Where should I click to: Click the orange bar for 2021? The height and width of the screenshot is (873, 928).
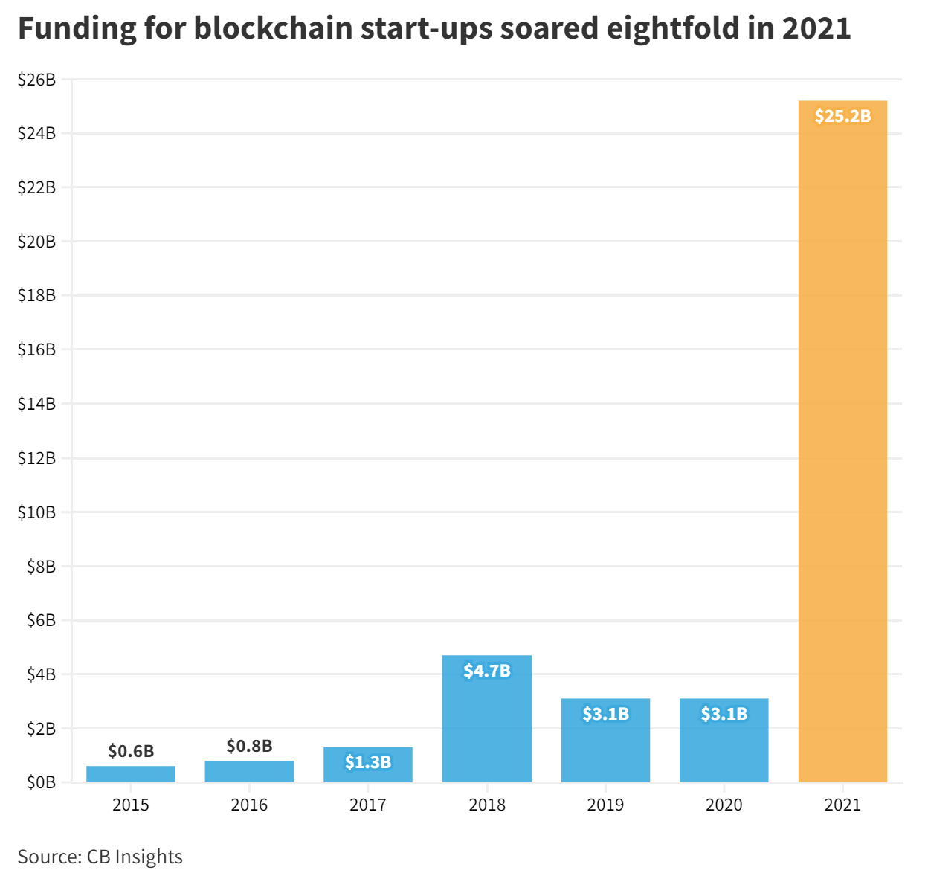[x=842, y=446]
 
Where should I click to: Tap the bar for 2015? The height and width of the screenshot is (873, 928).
[x=131, y=774]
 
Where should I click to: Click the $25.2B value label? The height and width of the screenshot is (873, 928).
[x=842, y=116]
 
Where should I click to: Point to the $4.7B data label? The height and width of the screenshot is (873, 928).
[x=486, y=671]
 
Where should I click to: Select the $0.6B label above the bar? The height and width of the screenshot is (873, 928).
[x=131, y=751]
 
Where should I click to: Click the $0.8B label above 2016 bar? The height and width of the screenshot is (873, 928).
[x=249, y=746]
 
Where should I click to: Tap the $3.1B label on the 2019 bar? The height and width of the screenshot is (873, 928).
[x=605, y=714]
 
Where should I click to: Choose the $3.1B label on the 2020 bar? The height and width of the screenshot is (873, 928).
[x=724, y=714]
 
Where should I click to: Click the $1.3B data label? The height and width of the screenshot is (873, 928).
[x=368, y=762]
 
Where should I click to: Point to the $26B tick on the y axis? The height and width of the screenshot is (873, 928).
[x=36, y=80]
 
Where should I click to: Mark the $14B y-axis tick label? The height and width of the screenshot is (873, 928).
[x=36, y=404]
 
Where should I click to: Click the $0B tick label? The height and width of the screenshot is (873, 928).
[x=41, y=782]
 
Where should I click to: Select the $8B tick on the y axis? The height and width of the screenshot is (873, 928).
[x=41, y=567]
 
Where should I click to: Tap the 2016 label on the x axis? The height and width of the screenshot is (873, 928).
[x=249, y=805]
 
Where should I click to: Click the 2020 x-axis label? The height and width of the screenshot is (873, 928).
[x=724, y=805]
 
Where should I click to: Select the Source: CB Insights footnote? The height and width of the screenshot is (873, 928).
[x=100, y=857]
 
